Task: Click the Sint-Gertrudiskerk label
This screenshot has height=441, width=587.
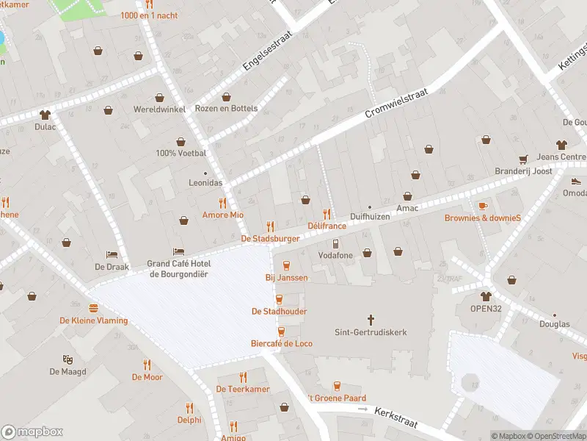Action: pos(371,332)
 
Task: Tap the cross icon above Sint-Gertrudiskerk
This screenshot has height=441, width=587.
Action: pos(371,320)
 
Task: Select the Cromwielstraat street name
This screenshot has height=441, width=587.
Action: pos(396,104)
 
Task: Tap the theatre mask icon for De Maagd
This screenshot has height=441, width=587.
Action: pos(68,359)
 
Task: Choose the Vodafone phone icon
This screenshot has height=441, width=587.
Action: pos(336,243)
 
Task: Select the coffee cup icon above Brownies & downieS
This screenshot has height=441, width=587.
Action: pos(482,206)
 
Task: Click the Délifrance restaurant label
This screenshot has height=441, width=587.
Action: pos(327,226)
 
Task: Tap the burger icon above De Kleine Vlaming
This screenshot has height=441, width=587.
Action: pos(93,308)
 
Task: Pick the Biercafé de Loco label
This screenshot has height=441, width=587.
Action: pos(282,343)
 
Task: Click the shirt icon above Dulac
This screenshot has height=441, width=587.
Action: pos(45,114)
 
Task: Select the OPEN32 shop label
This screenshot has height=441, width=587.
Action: pos(486,309)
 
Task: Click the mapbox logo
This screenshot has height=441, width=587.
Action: pos(32,431)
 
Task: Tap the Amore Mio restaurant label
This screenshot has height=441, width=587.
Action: pos(222,215)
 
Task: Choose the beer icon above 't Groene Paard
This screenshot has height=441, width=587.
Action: pos(337,386)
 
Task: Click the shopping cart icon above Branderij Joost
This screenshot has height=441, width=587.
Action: pos(523,159)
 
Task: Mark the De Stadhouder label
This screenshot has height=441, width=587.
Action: pos(279,312)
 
